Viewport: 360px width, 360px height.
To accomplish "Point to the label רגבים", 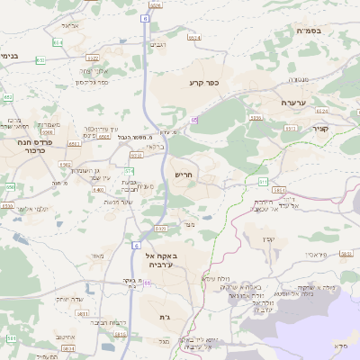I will point(157,43).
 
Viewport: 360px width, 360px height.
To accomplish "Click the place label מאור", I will point(97,256).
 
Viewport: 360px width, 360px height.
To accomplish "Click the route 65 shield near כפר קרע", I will point(193,118).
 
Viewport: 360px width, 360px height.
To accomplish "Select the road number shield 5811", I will point(82,313).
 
